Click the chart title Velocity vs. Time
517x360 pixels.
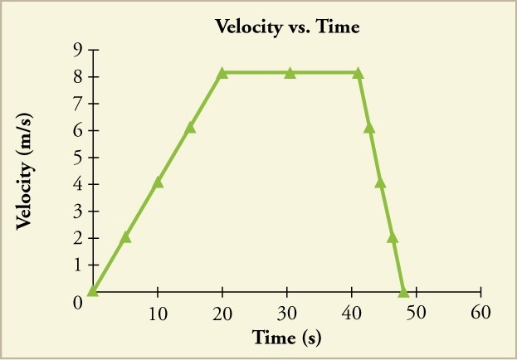[x=286, y=27]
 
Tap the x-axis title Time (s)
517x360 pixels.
[x=287, y=338]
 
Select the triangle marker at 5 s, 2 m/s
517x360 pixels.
[x=125, y=237]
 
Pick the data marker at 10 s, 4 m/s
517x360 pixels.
[x=158, y=182]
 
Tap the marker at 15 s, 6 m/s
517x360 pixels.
[x=190, y=128]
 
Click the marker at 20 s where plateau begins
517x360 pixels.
[x=222, y=73]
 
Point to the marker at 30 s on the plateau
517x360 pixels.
[x=290, y=73]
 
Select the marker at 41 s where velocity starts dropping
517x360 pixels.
[x=358, y=73]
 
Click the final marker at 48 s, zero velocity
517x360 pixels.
[x=403, y=291]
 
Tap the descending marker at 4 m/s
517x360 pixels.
[x=380, y=182]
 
